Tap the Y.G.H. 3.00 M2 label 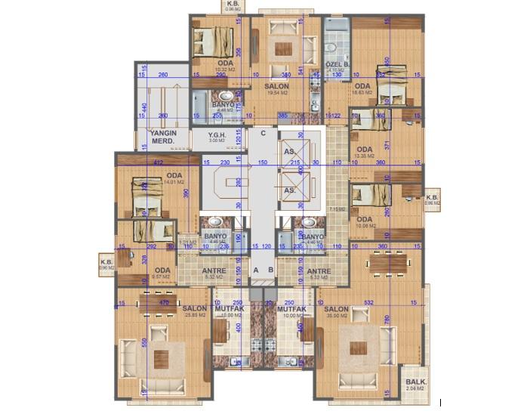click(x=217, y=136)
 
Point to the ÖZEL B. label click(x=337, y=65)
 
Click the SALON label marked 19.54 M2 click(x=277, y=87)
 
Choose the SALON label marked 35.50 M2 click(x=336, y=310)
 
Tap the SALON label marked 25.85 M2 click(x=195, y=310)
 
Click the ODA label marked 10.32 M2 click(x=225, y=63)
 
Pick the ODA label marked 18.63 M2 click(x=363, y=86)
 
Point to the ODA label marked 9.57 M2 click(x=162, y=271)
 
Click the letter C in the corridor click(x=263, y=134)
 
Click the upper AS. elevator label click(x=289, y=151)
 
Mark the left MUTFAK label click(x=226, y=310)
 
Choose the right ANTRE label click(x=319, y=271)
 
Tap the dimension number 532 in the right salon click(x=369, y=303)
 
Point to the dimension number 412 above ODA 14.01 click(x=159, y=162)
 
